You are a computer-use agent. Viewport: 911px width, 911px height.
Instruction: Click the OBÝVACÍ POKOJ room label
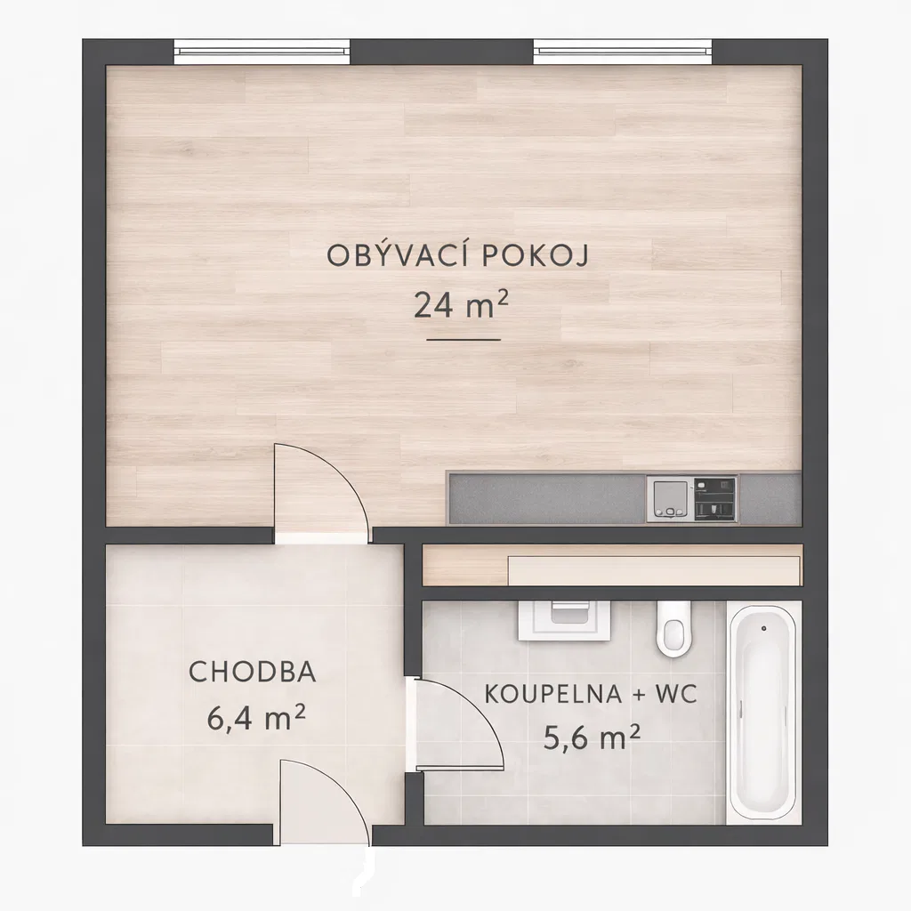(458, 254)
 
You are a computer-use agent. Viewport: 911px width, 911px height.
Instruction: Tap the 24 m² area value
(462, 304)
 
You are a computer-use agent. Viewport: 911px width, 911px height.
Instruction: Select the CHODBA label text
(253, 673)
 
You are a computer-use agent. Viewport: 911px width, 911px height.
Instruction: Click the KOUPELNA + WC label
(591, 694)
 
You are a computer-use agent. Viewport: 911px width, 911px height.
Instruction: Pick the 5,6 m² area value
(592, 737)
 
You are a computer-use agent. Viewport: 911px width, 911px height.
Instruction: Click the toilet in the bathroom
(674, 629)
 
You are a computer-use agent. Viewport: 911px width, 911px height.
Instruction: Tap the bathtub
(763, 713)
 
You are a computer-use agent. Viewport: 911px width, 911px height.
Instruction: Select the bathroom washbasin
(564, 620)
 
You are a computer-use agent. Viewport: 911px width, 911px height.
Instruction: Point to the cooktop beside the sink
(715, 499)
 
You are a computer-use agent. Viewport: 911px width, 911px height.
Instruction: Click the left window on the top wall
(262, 51)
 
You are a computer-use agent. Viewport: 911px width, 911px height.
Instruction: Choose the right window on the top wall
(622, 51)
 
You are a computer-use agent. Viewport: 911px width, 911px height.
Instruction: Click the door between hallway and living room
(321, 494)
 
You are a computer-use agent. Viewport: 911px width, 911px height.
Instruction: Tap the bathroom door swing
(456, 724)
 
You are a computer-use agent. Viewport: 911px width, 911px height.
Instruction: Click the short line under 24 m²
(464, 339)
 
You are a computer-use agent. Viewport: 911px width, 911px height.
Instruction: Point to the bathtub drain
(763, 629)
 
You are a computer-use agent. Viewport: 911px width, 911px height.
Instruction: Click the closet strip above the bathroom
(612, 565)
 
